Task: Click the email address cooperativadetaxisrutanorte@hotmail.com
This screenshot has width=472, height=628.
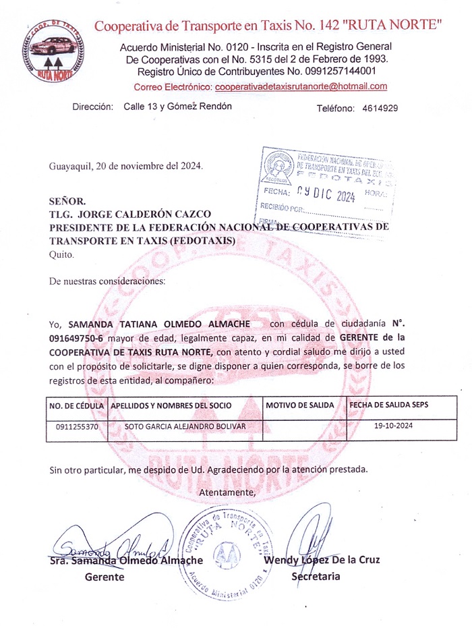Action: click(301, 86)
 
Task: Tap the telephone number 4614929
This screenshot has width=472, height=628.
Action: click(380, 108)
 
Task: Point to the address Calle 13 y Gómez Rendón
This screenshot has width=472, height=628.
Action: click(178, 107)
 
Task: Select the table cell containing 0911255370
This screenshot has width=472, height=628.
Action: click(76, 427)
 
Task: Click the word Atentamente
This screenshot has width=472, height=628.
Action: click(228, 492)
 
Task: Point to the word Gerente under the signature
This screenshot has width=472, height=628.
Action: click(105, 577)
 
